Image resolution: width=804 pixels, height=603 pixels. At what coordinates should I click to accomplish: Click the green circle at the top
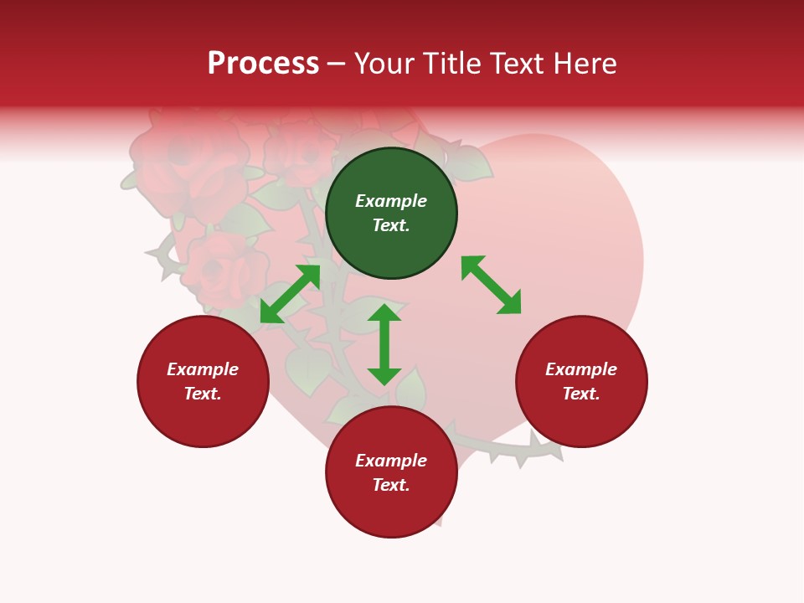pyautogui.click(x=391, y=214)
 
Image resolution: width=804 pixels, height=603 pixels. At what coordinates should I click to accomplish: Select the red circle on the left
pyautogui.click(x=203, y=381)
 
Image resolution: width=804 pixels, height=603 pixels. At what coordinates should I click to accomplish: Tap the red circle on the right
pyautogui.click(x=581, y=381)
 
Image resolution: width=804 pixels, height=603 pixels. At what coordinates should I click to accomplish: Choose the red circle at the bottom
pyautogui.click(x=391, y=472)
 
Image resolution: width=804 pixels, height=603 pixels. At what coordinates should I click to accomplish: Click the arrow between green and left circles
pyautogui.click(x=290, y=294)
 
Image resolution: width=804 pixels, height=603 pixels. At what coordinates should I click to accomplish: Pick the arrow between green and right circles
pyautogui.click(x=491, y=285)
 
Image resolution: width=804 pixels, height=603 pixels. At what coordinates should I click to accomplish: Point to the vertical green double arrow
pyautogui.click(x=384, y=344)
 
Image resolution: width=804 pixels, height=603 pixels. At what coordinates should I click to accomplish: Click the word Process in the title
pyautogui.click(x=263, y=64)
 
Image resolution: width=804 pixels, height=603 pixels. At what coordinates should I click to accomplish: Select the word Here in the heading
pyautogui.click(x=586, y=64)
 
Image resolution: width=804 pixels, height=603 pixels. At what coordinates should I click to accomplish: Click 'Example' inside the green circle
pyautogui.click(x=391, y=201)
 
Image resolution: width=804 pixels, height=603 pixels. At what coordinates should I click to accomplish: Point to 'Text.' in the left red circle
pyautogui.click(x=203, y=394)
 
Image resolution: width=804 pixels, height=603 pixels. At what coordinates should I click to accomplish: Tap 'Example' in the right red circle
pyautogui.click(x=581, y=369)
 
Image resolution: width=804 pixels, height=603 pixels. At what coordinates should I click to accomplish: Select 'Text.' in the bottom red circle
pyautogui.click(x=391, y=485)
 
